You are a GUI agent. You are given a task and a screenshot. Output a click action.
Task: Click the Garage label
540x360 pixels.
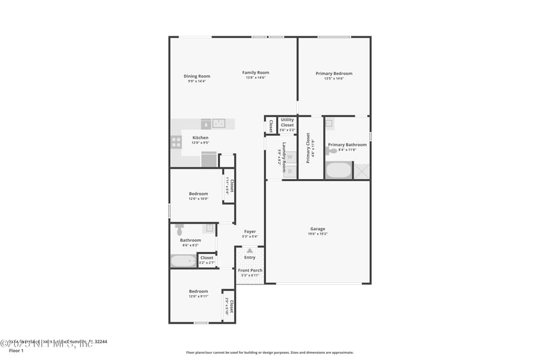(x=317, y=228)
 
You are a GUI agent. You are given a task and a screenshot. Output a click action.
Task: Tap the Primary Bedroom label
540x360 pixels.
(x=334, y=74)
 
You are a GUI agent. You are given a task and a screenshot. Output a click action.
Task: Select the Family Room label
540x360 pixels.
(x=256, y=72)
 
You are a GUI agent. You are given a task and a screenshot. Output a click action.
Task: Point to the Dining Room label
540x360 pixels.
(x=197, y=76)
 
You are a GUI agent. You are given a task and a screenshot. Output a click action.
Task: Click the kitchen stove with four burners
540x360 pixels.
(x=176, y=142)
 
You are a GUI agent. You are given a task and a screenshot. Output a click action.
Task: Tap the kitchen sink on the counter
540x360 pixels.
(x=219, y=124)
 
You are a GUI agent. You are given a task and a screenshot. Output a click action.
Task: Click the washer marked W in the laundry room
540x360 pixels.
(x=290, y=157)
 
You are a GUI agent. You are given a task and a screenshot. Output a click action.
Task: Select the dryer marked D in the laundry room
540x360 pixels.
(x=290, y=172)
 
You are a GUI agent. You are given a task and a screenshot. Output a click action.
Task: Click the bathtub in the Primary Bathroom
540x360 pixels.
(x=338, y=170)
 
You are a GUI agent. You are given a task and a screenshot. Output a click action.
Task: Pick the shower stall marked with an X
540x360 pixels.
(x=362, y=171)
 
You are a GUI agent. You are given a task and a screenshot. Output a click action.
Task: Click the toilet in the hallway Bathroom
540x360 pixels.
(x=180, y=230)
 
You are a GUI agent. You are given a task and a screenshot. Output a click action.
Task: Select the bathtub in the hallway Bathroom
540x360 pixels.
(x=183, y=261)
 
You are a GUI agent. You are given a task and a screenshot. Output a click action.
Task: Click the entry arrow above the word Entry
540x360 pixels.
(x=250, y=251)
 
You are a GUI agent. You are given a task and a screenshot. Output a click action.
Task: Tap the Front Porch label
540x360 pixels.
(x=250, y=270)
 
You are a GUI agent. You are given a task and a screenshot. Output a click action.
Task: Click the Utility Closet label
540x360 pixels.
(x=287, y=122)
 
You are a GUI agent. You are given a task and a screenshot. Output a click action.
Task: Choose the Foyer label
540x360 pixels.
(x=250, y=232)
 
